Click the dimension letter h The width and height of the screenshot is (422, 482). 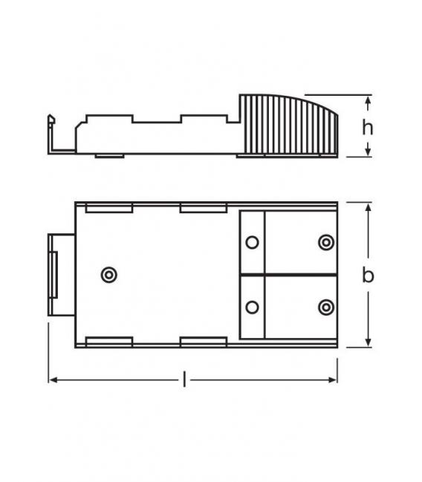tap(368, 127)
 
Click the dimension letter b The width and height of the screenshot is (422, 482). tap(369, 275)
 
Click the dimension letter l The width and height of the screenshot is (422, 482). tap(184, 380)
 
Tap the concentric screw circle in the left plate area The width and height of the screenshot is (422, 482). tap(109, 275)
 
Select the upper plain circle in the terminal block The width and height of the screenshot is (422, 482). tap(252, 243)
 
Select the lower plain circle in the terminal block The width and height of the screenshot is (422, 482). tap(252, 307)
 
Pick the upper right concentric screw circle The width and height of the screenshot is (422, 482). tap(326, 243)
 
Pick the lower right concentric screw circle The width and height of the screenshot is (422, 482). tap(326, 307)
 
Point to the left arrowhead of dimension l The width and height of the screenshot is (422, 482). tap(53, 380)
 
